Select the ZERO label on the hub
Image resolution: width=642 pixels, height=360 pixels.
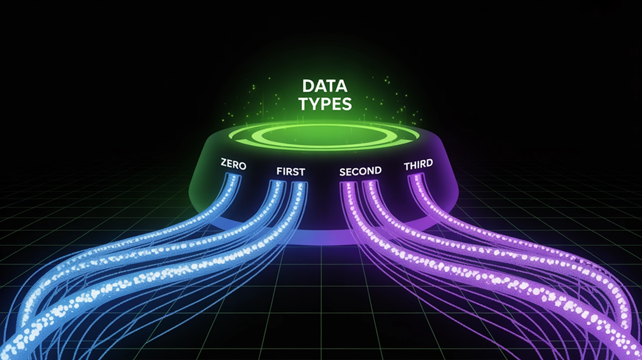coord(233,164)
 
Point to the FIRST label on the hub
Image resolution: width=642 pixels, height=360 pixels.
coord(290,171)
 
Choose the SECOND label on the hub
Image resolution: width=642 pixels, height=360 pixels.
coord(360,171)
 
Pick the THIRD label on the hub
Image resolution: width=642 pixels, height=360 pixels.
coord(418,165)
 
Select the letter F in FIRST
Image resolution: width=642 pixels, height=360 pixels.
coord(279,171)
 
